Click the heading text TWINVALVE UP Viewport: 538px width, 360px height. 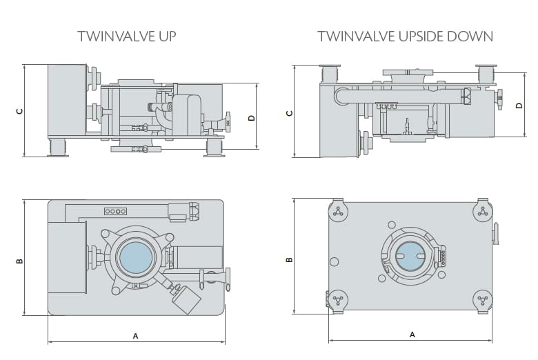coord(126,36)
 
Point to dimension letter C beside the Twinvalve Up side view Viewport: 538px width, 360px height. coord(20,110)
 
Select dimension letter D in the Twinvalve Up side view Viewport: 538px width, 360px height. coord(252,117)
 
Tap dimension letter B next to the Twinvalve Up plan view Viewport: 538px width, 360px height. coord(20,261)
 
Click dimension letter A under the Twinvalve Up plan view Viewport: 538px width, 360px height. coord(135,336)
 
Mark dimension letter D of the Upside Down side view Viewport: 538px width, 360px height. coord(519,106)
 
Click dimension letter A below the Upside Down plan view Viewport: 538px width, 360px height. coord(412,334)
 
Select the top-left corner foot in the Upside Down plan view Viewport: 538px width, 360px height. coord(337,211)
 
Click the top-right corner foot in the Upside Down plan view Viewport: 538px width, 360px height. coord(483,211)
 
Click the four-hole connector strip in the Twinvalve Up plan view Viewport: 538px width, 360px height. coord(114,211)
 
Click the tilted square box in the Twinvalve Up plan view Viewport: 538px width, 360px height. coord(185,298)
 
